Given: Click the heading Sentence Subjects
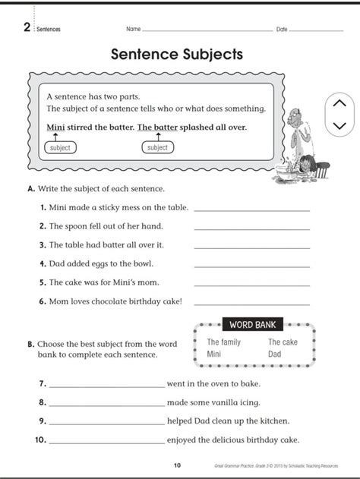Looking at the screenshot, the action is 176,55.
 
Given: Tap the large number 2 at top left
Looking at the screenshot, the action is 27,28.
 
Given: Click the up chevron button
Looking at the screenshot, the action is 339,103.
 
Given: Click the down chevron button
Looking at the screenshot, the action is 339,124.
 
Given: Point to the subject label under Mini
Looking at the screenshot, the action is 58,148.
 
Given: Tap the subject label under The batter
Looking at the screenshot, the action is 157,147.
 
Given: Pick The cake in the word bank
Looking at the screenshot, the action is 283,342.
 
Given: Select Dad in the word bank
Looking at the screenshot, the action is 275,354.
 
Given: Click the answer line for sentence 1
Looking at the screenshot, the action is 252,210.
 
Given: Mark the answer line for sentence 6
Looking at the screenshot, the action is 252,304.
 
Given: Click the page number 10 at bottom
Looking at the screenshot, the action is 177,465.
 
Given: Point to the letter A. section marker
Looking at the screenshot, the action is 30,188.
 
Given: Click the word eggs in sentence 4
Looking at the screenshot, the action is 106,263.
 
